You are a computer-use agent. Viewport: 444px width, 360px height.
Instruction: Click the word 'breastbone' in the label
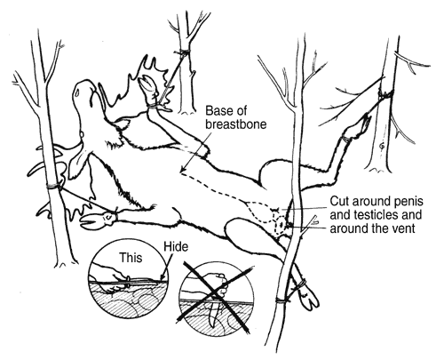click(x=236, y=124)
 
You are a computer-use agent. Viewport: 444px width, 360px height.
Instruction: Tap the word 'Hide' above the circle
click(x=176, y=247)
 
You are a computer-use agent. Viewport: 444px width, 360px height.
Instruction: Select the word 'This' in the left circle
click(x=131, y=258)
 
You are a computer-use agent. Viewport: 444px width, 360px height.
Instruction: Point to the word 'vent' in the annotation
click(x=403, y=228)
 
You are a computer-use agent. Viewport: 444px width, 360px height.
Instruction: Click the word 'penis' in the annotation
click(x=408, y=202)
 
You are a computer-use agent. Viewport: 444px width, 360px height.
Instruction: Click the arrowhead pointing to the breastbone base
click(x=184, y=170)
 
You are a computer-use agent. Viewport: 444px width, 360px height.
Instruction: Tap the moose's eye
click(x=77, y=92)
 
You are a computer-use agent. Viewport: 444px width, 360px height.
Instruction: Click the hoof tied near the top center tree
click(x=147, y=85)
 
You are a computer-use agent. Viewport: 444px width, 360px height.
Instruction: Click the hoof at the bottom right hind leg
click(x=309, y=299)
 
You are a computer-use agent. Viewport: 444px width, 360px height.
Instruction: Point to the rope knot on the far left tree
click(x=53, y=186)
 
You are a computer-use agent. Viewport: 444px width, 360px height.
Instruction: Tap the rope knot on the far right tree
click(x=385, y=94)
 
